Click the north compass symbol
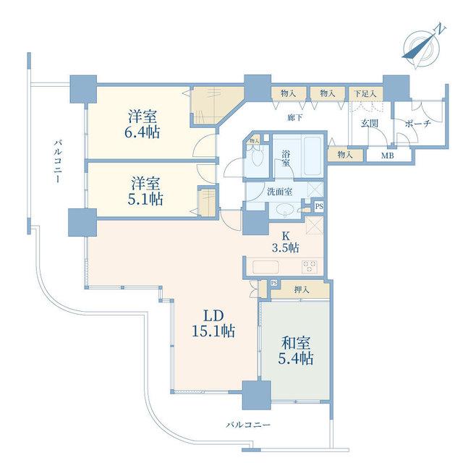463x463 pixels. [422, 46]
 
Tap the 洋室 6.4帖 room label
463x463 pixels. [143, 124]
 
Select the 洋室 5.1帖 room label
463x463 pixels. [145, 191]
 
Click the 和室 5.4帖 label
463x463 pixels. [295, 351]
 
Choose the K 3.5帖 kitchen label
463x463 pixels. [286, 242]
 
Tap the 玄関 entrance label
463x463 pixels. [370, 124]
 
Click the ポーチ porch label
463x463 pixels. [418, 124]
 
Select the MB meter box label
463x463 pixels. [388, 156]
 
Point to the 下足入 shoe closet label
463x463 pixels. [365, 94]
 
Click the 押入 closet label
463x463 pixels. [301, 290]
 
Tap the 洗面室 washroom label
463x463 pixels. [280, 192]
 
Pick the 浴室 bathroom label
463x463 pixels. [285, 158]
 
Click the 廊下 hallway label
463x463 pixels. [295, 118]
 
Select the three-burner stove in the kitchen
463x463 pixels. [309, 267]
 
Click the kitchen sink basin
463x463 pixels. [266, 267]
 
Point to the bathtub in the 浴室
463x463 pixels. [313, 156]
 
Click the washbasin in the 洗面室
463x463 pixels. [284, 210]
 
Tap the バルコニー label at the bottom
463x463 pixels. [248, 425]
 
